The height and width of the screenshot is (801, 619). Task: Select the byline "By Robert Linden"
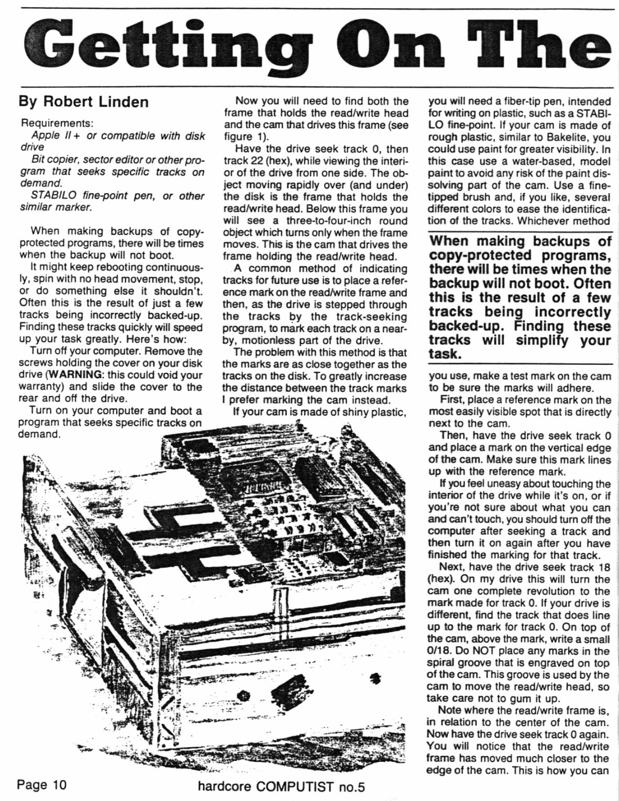click(84, 101)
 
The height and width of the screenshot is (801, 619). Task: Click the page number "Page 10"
click(42, 785)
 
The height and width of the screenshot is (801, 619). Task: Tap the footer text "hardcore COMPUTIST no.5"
click(281, 786)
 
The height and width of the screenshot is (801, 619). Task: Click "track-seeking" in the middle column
click(371, 317)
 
